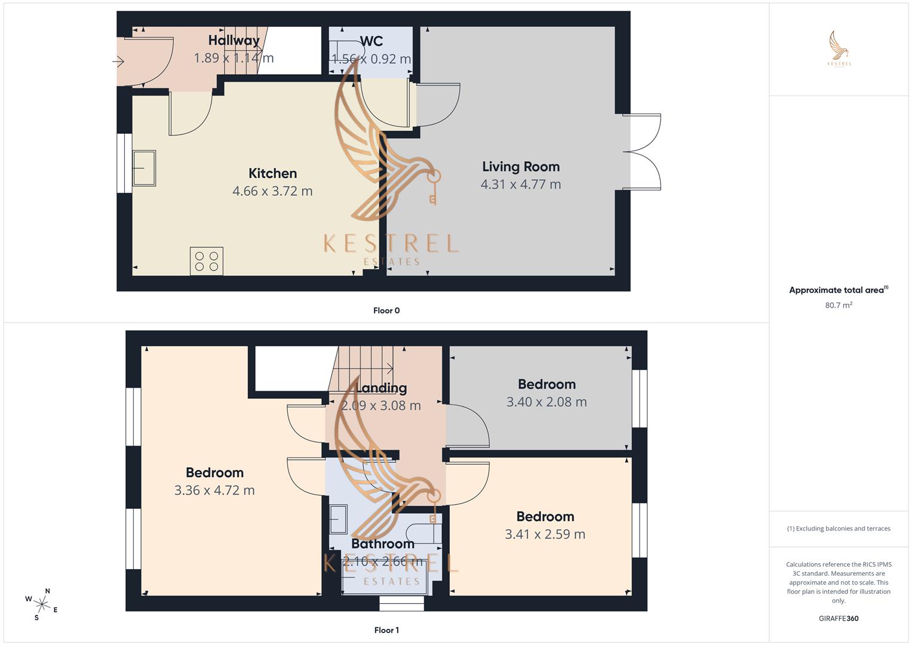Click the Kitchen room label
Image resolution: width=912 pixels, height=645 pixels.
click(x=272, y=173)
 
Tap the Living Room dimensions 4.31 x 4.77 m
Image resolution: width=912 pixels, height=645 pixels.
click(x=520, y=185)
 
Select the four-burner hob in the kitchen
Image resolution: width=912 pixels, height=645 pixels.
click(x=207, y=261)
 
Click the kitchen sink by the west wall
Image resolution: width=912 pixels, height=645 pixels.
click(x=144, y=168)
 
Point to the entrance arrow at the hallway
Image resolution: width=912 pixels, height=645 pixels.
click(x=118, y=61)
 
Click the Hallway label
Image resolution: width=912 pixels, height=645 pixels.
click(x=234, y=41)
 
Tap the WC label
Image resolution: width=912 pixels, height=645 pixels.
click(x=371, y=41)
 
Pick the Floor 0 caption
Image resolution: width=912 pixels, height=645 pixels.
click(x=386, y=311)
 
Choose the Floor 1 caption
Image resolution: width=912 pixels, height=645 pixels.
click(x=386, y=630)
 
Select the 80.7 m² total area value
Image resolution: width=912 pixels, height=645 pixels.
click(x=839, y=305)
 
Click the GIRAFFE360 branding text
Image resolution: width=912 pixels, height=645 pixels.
click(x=839, y=619)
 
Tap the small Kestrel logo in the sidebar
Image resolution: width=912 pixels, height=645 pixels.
click(x=839, y=49)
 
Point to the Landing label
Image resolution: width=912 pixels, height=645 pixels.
click(x=381, y=388)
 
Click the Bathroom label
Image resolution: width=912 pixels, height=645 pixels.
click(x=383, y=543)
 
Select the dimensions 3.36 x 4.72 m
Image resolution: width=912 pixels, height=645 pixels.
click(x=214, y=490)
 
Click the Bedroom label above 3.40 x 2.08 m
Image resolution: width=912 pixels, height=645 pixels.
click(x=546, y=384)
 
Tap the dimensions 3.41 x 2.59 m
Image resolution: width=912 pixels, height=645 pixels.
click(x=545, y=535)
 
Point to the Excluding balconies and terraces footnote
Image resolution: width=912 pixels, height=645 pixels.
click(x=839, y=529)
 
